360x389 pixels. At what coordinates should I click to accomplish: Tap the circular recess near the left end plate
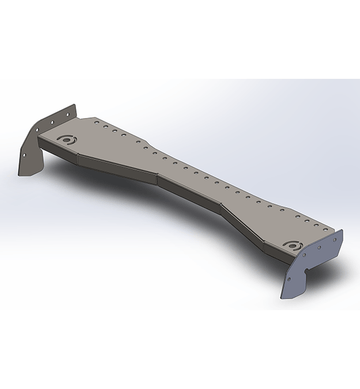[69, 140]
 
